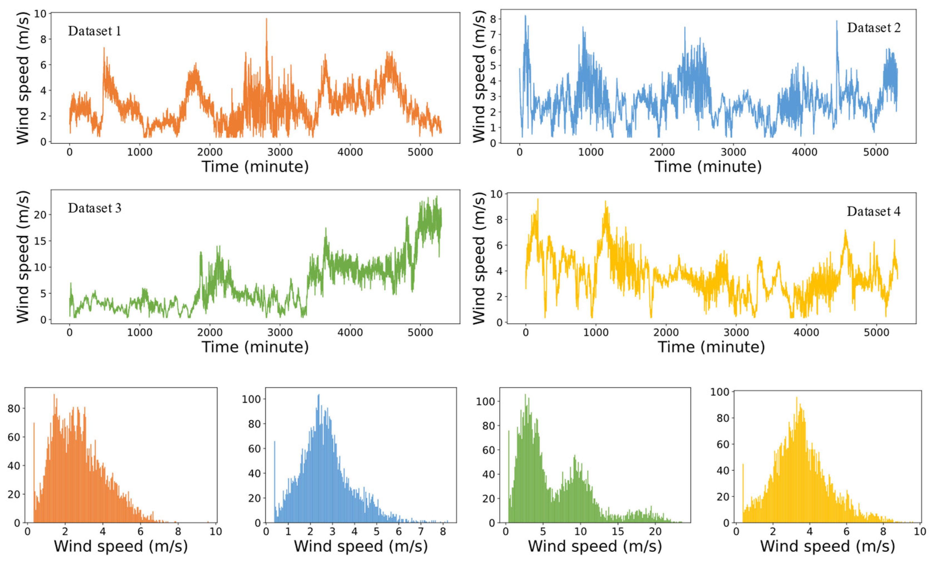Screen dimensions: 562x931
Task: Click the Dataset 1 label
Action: (94, 31)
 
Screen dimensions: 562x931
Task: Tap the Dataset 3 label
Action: (94, 208)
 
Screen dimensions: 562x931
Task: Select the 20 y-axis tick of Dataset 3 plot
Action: (40, 215)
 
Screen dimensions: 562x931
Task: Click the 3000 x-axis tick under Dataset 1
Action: (280, 152)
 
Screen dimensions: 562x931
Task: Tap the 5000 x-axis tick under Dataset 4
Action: (876, 332)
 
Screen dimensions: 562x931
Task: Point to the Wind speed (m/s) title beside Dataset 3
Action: (23, 257)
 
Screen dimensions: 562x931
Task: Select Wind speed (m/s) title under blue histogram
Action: (361, 546)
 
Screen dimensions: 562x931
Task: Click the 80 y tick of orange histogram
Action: (14, 409)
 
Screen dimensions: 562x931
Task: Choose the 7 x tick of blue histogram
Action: (421, 532)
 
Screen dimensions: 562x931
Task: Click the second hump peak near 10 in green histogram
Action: (575, 457)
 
